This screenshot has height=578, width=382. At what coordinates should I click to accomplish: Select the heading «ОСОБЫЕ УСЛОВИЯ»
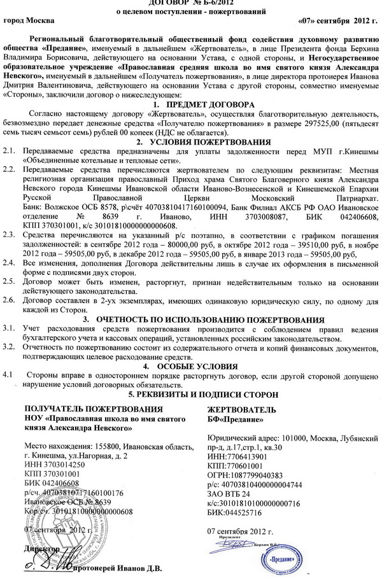[x=207, y=367]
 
